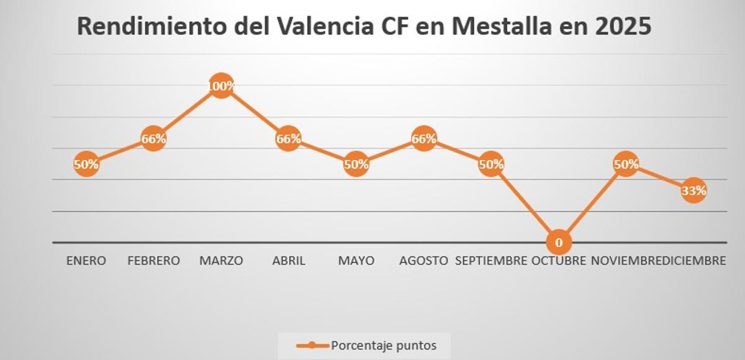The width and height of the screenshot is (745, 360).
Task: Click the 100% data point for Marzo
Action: (x=221, y=86)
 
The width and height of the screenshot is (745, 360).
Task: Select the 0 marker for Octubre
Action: (x=559, y=242)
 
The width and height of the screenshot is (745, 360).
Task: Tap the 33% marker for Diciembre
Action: (x=693, y=191)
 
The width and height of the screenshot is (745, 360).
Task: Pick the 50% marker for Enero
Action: (x=86, y=164)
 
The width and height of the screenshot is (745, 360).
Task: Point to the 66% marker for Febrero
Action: (x=153, y=139)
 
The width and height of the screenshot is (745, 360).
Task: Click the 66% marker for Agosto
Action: (x=424, y=139)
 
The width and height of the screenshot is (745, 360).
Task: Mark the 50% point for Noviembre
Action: (x=626, y=164)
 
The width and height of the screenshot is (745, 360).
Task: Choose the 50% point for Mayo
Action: (x=356, y=164)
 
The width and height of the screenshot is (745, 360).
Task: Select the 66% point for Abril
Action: (x=289, y=139)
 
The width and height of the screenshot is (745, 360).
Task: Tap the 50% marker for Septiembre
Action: (x=491, y=164)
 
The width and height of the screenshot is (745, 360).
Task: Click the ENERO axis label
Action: (x=86, y=261)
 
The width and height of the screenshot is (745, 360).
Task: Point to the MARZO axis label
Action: (x=221, y=261)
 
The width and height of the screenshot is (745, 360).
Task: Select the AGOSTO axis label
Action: (x=424, y=261)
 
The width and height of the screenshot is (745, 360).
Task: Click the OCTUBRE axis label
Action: (x=559, y=261)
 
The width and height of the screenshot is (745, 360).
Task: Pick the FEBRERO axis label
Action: (x=153, y=261)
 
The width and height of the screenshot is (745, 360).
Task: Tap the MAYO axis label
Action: (x=356, y=261)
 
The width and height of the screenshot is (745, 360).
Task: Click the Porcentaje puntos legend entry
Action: (x=366, y=346)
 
